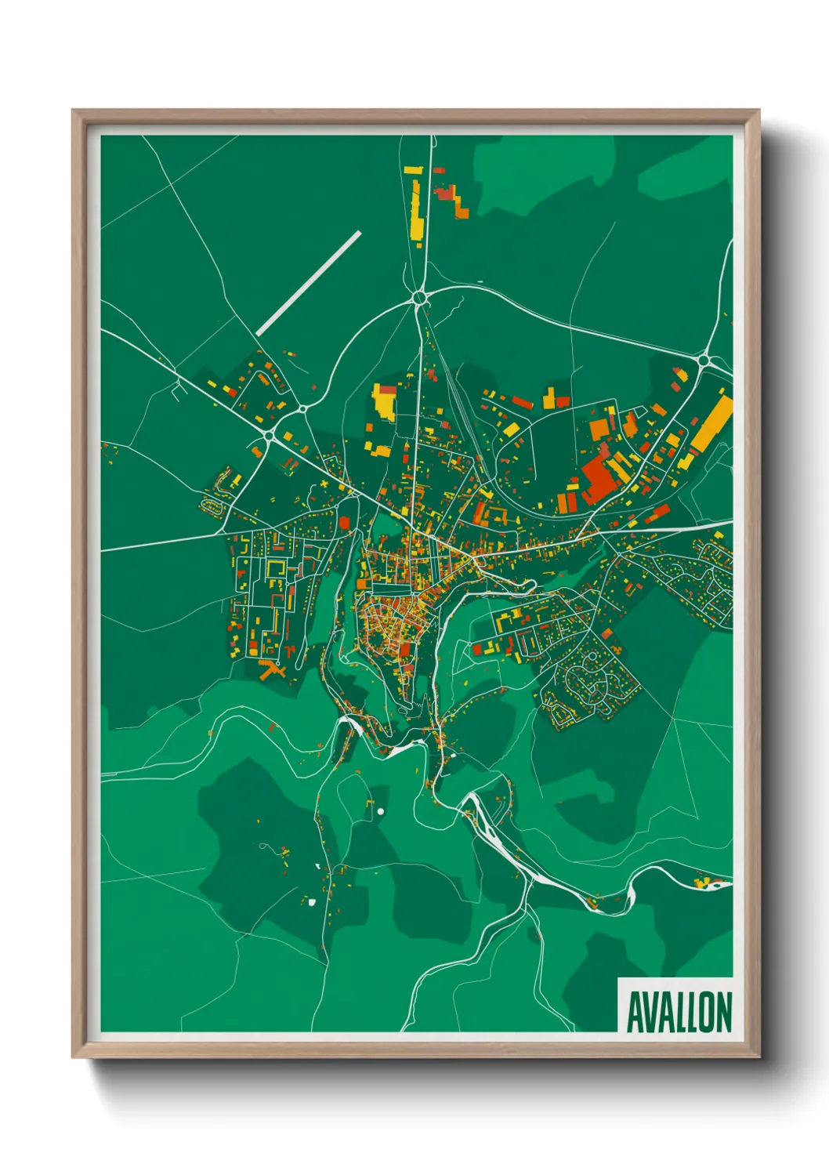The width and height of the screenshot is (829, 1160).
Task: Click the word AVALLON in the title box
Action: click(679, 1012)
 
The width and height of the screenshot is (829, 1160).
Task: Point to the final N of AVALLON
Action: click(722, 1012)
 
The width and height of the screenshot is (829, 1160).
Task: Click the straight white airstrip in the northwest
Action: click(309, 283)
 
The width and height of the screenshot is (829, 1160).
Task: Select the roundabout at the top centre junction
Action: click(420, 297)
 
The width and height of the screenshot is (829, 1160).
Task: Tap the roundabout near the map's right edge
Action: click(703, 361)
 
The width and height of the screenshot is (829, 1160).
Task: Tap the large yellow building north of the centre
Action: click(385, 401)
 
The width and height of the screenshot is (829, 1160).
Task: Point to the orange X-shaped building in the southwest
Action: click(271, 669)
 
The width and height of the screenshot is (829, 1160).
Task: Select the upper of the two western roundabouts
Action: click(302, 408)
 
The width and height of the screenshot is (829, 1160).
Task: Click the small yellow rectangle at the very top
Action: click(412, 169)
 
